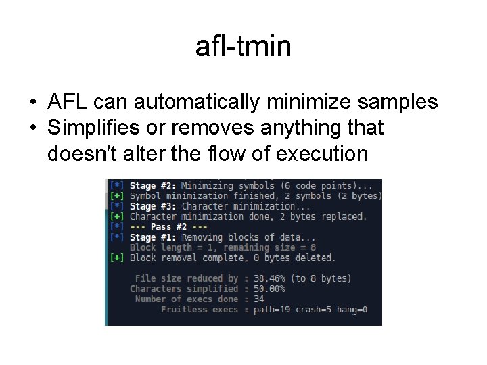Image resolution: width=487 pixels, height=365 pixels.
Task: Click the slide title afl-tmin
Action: pos(243,47)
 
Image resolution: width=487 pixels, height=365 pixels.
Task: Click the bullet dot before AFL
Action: pos(32,103)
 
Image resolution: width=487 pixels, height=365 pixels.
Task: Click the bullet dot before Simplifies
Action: pos(32,128)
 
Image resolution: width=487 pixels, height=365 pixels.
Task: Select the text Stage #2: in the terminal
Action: pos(152,186)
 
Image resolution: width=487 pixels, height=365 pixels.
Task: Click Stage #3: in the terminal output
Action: pos(152,206)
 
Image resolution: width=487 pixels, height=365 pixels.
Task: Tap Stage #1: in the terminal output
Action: pos(152,237)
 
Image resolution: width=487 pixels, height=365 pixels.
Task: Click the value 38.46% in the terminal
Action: pos(269,278)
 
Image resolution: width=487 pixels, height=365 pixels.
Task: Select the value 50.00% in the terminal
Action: pos(269,289)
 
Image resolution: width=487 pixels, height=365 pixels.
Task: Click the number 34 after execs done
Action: pos(258,299)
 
